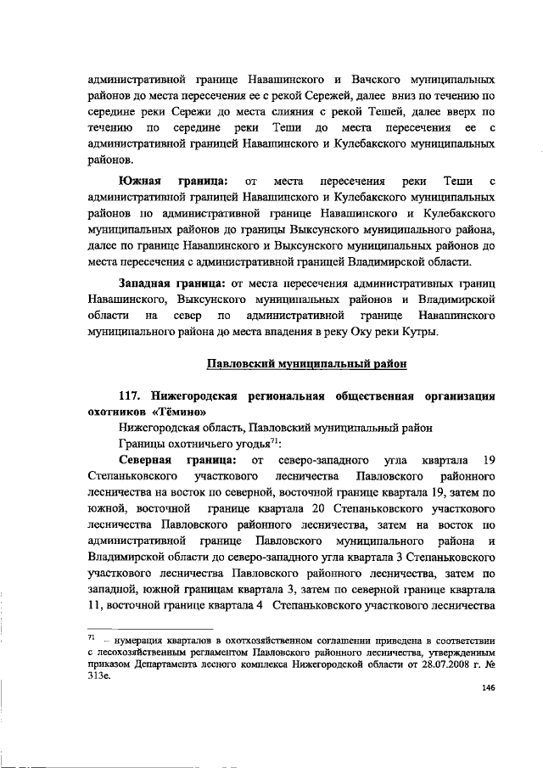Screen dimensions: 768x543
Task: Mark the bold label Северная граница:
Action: point(174,460)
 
